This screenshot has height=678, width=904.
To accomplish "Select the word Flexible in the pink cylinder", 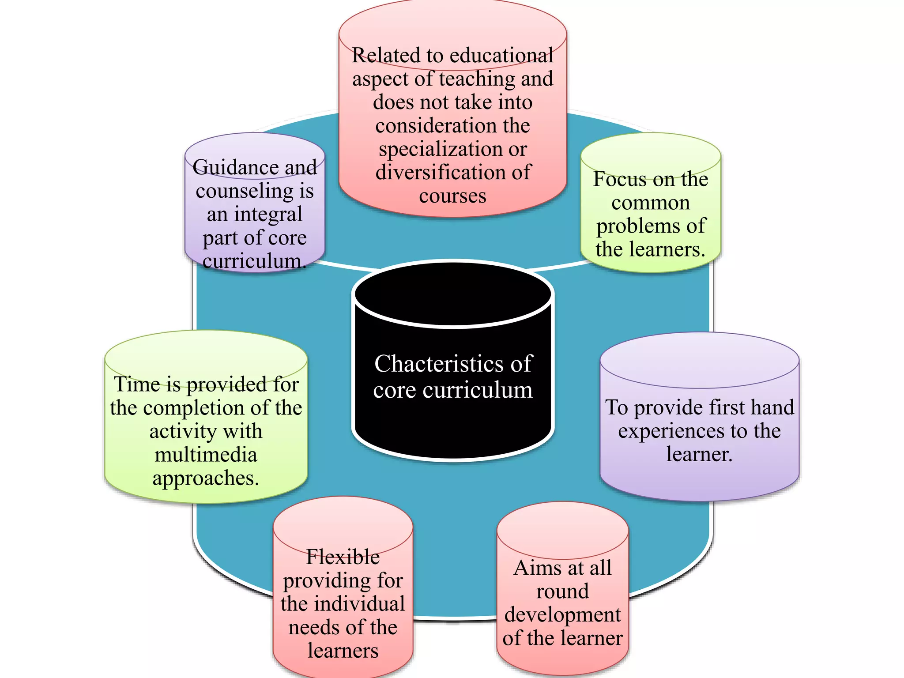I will pos(343,557).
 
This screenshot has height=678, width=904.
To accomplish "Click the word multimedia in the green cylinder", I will pos(206,455).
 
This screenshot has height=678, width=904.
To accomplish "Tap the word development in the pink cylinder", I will pos(562,615).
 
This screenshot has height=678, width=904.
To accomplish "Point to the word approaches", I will pos(206,478).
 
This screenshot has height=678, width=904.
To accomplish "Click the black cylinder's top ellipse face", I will pos(453,294).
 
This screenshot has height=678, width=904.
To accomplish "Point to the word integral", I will pos(268,215).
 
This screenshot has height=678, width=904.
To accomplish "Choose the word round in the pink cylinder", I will pos(562,591).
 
